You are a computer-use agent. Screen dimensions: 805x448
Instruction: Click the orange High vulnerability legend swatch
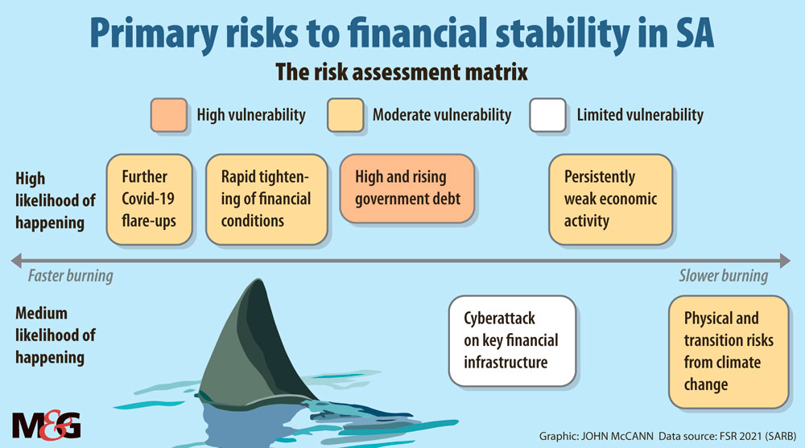(169, 115)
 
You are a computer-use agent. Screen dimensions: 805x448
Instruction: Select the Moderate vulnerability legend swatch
(345, 115)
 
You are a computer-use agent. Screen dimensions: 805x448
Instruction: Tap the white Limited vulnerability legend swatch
(547, 115)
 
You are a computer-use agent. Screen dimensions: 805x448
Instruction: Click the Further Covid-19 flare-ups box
(150, 199)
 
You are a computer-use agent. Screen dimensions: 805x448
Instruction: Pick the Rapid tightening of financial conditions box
(266, 199)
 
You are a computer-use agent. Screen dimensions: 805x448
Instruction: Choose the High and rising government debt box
(407, 188)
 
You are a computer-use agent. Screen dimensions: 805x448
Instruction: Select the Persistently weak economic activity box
(610, 199)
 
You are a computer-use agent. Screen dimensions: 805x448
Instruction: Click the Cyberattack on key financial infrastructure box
(512, 341)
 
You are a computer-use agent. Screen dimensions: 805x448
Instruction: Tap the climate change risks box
(729, 351)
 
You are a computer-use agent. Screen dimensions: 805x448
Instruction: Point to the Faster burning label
(70, 276)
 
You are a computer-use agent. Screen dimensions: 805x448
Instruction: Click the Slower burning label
(724, 276)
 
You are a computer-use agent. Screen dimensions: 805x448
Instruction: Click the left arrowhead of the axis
(16, 261)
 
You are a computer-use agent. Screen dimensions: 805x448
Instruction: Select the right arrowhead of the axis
(785, 261)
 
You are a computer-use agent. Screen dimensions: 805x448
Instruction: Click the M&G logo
(46, 425)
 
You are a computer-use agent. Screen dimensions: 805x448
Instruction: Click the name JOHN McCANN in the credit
(617, 436)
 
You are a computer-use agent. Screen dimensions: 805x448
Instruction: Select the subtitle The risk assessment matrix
(402, 72)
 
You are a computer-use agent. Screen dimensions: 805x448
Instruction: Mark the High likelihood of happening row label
(55, 200)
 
